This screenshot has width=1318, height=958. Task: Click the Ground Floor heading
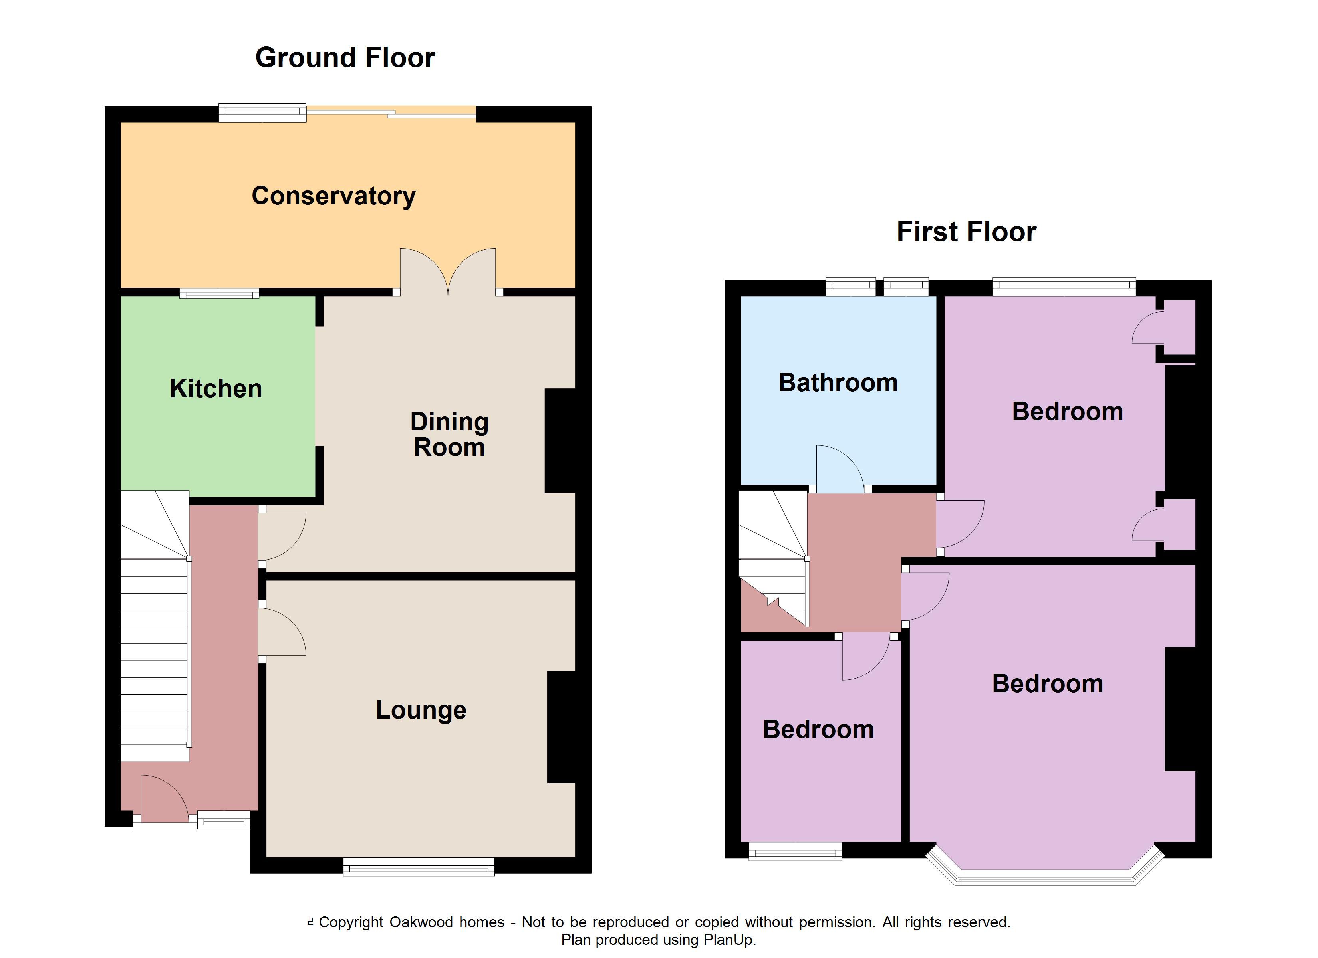coord(345,58)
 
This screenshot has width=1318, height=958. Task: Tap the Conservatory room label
coord(333,196)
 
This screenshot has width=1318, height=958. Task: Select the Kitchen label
coord(216,389)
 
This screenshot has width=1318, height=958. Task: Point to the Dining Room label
coord(449,435)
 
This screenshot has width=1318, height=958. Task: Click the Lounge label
coord(421,710)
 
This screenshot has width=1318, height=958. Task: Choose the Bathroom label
coord(838,383)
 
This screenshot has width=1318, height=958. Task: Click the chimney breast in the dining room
coord(560,440)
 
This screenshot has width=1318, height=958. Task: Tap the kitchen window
coord(219,294)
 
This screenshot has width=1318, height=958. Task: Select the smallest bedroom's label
coord(818,730)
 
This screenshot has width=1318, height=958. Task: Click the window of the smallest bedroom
coord(795,852)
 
